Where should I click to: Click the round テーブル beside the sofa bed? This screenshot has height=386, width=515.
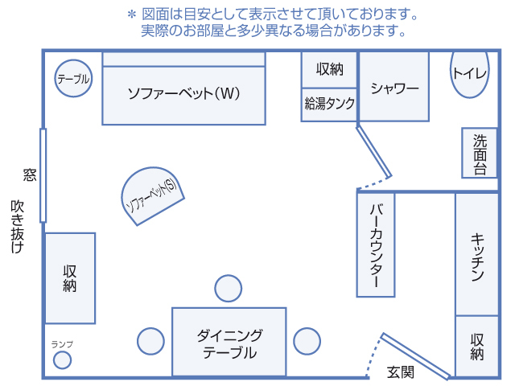[x=73, y=79]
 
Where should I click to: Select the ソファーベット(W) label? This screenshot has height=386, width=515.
[x=183, y=93]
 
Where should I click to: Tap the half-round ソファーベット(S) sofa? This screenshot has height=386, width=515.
[x=152, y=195]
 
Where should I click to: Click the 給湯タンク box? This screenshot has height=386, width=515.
[x=329, y=105]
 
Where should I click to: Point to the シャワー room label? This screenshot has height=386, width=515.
[x=394, y=88]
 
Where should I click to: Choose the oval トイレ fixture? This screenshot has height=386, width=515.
[x=470, y=75]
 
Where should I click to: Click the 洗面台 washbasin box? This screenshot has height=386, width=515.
[x=480, y=153]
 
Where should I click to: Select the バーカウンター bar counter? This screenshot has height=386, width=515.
[x=376, y=244]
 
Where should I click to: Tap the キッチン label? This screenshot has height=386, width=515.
[x=477, y=257]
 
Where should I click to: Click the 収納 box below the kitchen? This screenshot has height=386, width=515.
[x=477, y=347]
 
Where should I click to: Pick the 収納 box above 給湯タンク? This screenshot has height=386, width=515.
[x=329, y=70]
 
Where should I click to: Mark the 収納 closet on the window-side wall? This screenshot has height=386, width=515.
[x=70, y=278]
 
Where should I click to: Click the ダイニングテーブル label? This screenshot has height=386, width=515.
[x=229, y=344]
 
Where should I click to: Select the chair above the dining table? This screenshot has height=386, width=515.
[x=229, y=289]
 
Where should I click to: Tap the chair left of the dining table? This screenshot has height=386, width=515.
[x=150, y=341]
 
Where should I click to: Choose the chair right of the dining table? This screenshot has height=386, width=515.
[x=307, y=341]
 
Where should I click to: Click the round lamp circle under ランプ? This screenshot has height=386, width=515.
[x=63, y=360]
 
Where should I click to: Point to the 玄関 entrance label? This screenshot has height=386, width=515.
[x=401, y=372]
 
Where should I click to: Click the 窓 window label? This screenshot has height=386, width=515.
[x=30, y=175]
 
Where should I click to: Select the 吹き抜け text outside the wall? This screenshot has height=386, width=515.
[x=17, y=227]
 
